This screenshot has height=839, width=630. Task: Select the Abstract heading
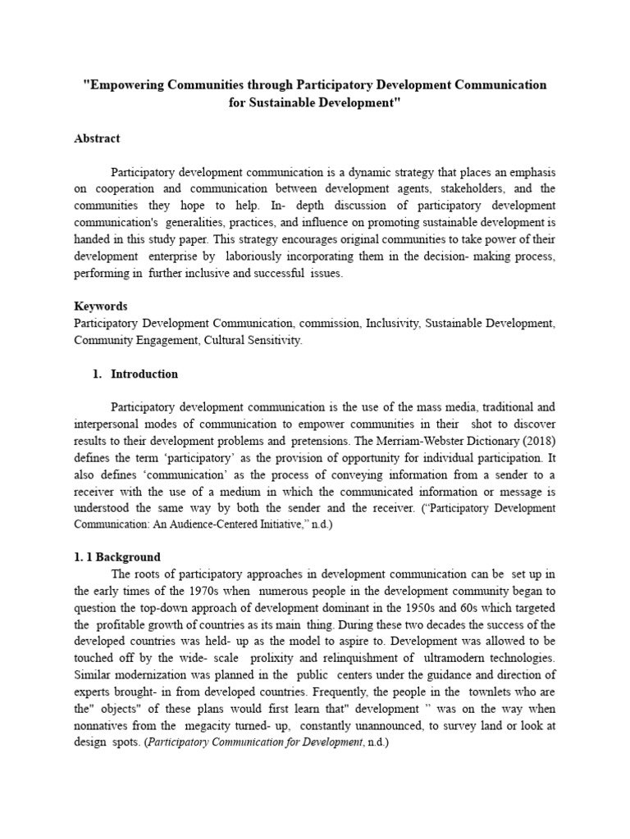(x=97, y=138)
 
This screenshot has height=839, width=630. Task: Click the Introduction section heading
(x=144, y=374)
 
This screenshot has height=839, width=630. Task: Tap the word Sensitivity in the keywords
(x=272, y=340)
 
